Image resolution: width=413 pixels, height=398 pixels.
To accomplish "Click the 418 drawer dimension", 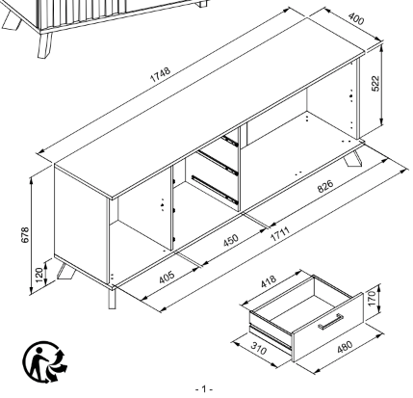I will [x=271, y=282].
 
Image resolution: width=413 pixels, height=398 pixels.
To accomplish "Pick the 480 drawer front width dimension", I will [x=345, y=352].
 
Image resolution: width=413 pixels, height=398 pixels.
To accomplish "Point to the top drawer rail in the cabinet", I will [x=227, y=141].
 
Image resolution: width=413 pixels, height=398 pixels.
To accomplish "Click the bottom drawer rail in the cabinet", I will [x=214, y=186].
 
